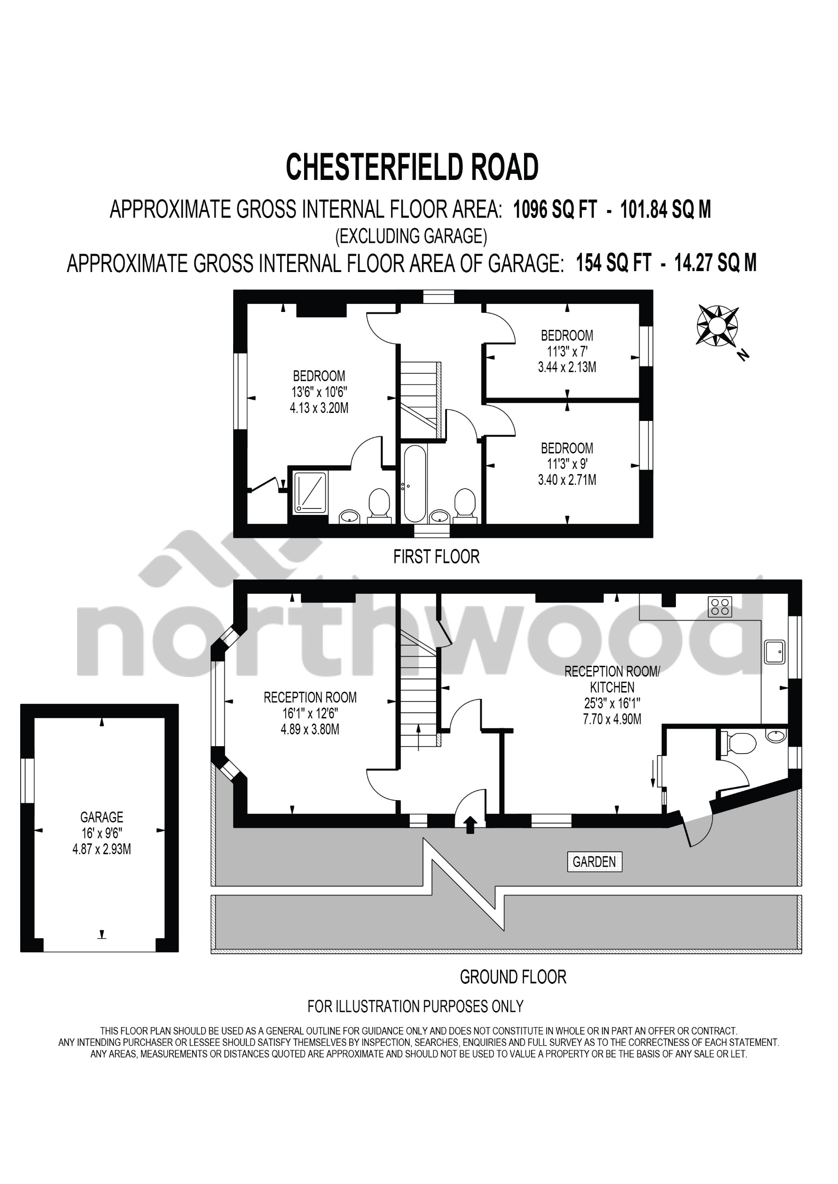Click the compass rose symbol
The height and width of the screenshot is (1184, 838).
pos(717,326)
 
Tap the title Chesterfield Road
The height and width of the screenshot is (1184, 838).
pos(412,167)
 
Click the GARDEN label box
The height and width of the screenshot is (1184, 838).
pos(595,862)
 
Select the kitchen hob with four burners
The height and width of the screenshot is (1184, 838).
pos(720,607)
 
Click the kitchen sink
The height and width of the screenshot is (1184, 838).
pos(775,652)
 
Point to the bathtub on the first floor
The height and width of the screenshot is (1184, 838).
pos(415,483)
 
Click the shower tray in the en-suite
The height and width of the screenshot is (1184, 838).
pos(311,493)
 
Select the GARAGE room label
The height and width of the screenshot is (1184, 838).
pos(102,817)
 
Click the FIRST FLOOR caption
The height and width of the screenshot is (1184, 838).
pos(436,557)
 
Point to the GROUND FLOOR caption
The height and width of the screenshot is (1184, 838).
pos(513,977)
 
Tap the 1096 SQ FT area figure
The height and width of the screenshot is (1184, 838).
pos(555,210)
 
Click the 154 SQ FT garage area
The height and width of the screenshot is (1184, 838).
pos(613,263)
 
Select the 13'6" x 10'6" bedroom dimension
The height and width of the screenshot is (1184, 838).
pos(319,391)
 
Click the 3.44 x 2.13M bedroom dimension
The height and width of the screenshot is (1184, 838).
pos(567,367)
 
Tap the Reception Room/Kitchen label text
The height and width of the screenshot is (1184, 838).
pos(612,679)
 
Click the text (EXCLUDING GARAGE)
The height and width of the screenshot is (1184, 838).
pos(411,236)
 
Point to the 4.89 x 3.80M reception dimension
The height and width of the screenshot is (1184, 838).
pos(310,730)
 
